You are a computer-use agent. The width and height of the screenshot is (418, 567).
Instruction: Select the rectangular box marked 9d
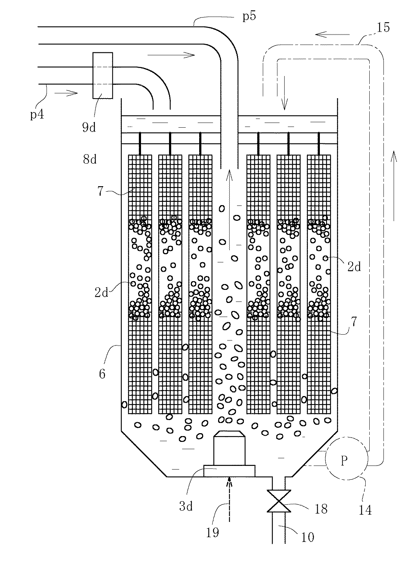(103, 75)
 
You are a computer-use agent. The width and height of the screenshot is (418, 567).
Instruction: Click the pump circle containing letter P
(344, 461)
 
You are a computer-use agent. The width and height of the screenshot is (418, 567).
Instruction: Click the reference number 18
(320, 508)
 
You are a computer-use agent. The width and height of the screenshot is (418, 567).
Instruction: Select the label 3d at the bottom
(186, 506)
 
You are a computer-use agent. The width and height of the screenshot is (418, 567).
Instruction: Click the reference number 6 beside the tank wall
(102, 373)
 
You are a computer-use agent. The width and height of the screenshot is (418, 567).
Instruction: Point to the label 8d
(89, 159)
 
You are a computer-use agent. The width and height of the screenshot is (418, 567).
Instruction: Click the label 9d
(88, 127)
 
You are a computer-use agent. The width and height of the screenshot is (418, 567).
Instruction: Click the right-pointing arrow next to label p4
(66, 93)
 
